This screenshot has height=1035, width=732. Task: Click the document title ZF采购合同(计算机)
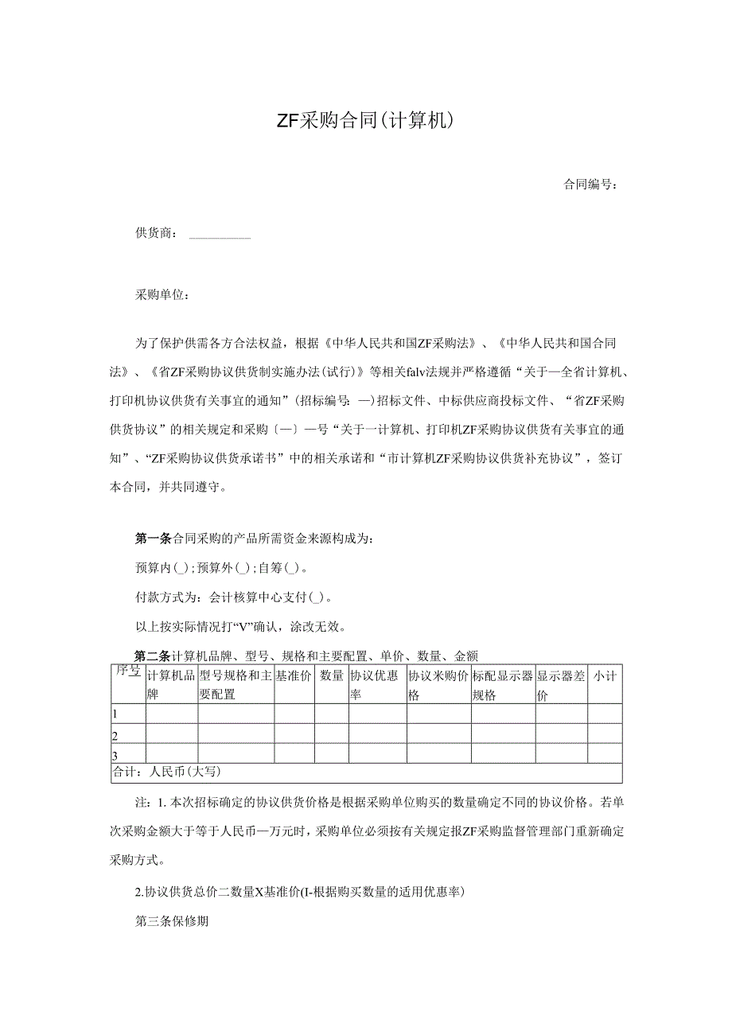coord(365,121)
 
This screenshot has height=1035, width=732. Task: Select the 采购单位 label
coord(162,295)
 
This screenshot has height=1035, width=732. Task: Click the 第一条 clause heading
coord(153,539)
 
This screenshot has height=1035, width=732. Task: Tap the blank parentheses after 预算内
coord(180,568)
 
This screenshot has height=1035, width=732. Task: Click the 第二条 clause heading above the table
coord(153,656)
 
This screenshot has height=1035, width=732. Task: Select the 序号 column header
coord(128,672)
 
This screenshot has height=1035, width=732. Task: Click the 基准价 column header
coord(294,677)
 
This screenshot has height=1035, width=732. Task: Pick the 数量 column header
coord(331,677)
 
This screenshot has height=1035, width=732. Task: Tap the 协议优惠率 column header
coord(377,684)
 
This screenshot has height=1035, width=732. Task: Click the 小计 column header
coord(605,677)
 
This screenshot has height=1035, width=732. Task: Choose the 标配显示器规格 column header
coord(502,684)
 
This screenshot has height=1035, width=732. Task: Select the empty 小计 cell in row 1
coord(605,714)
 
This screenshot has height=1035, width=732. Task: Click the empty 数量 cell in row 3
coord(331,754)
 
